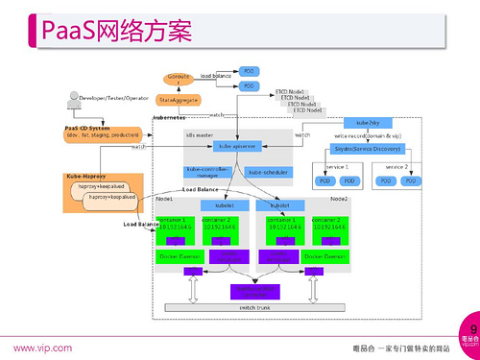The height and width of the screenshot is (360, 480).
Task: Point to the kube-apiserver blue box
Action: click(234, 146)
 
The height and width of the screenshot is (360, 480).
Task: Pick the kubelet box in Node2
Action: click(280, 204)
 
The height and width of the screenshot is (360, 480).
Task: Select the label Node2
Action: click(339, 198)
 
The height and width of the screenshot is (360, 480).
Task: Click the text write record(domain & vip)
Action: click(368, 136)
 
